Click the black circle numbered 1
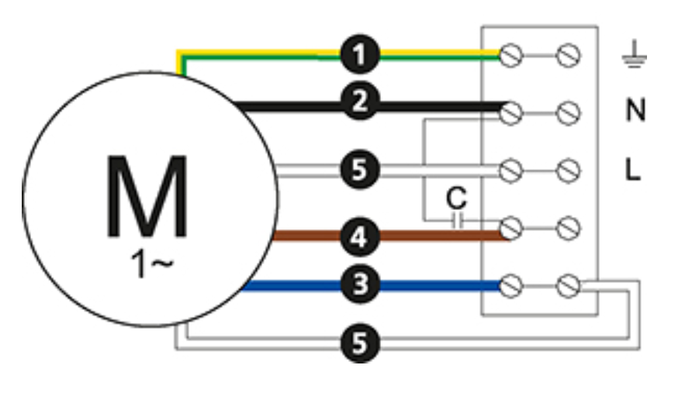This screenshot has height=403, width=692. (360, 54)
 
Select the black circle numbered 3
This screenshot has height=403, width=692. (360, 284)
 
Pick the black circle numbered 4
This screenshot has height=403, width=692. (360, 237)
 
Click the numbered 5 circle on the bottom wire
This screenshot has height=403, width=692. (360, 343)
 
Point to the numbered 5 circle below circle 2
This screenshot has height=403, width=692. (360, 170)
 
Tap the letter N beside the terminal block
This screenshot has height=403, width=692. (635, 110)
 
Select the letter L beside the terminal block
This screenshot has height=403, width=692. (633, 169)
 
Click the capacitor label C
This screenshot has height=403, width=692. (456, 198)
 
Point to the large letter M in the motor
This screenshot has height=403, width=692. (147, 197)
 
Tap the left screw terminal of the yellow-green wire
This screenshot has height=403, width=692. (510, 56)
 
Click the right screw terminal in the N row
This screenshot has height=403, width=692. (568, 113)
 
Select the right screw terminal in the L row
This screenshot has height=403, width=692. (568, 171)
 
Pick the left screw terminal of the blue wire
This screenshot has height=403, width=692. (510, 286)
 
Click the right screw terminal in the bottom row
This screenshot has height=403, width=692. (568, 286)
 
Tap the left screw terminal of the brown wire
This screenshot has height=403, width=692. (510, 229)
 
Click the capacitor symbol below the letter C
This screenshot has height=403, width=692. (458, 220)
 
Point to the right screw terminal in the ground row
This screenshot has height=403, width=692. (568, 56)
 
